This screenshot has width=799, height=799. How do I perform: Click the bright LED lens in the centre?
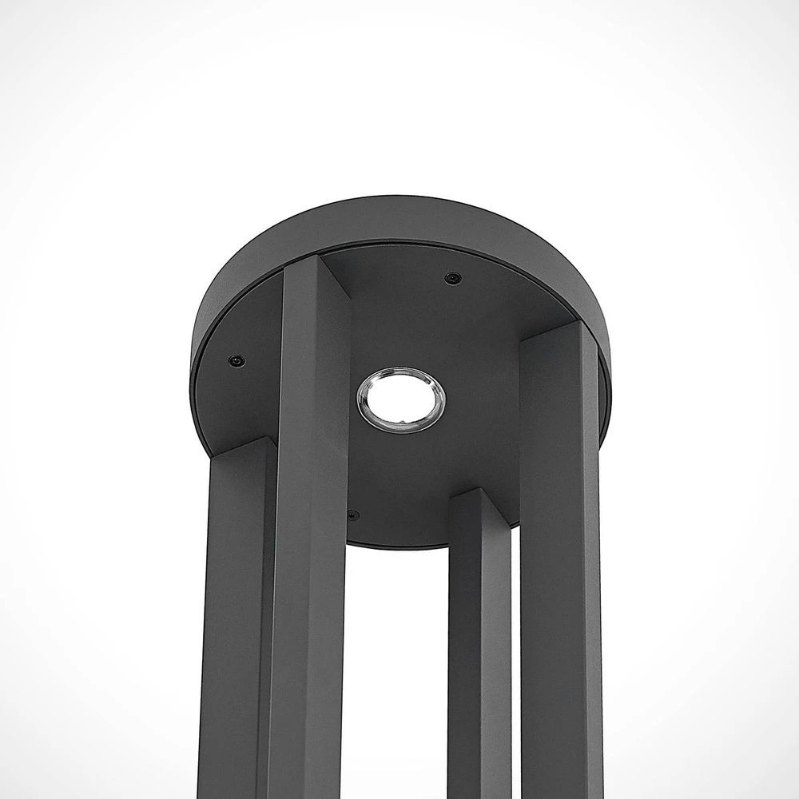(x=401, y=399)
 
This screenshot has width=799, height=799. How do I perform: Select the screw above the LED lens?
(x=453, y=277)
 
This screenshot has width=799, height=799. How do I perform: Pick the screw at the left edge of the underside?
(x=234, y=360)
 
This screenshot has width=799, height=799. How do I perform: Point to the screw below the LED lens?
(x=353, y=514)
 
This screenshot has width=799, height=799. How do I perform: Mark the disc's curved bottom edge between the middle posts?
(x=399, y=546)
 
